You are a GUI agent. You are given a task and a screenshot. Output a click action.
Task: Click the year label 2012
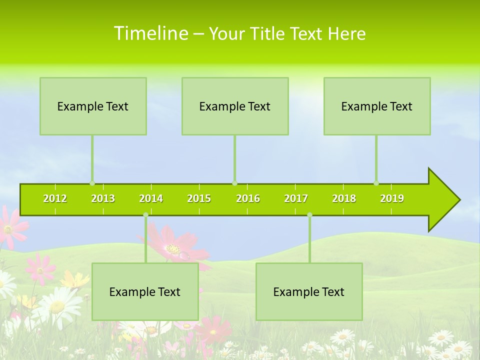point(55,198)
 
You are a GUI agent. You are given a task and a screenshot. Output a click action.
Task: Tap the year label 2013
point(103,198)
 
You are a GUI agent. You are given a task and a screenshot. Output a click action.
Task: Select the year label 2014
point(151,198)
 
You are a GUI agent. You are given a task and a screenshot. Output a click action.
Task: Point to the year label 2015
point(199,198)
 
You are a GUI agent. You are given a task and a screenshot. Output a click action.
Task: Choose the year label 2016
point(248,198)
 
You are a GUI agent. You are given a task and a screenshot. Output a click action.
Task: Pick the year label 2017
point(296,198)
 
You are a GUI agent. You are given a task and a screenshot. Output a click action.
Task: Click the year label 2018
point(344,198)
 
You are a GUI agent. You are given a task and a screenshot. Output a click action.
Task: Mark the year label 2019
point(392,198)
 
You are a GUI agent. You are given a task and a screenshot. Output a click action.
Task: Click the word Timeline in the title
point(150,33)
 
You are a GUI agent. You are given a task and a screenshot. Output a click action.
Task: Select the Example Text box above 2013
point(93,106)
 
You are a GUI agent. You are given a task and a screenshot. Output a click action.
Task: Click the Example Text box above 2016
point(235,106)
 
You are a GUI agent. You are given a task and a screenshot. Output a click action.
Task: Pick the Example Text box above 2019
point(377,106)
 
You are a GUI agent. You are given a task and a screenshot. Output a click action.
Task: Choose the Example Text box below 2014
point(145,291)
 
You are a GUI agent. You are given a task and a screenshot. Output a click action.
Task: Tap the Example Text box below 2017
point(309,291)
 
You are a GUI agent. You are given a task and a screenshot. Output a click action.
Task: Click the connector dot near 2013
point(92,183)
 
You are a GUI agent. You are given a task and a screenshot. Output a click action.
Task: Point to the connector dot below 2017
point(309,215)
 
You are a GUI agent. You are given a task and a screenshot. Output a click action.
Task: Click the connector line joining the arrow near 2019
point(376,160)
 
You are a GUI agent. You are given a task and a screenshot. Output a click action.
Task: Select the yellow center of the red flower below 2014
point(173,248)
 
